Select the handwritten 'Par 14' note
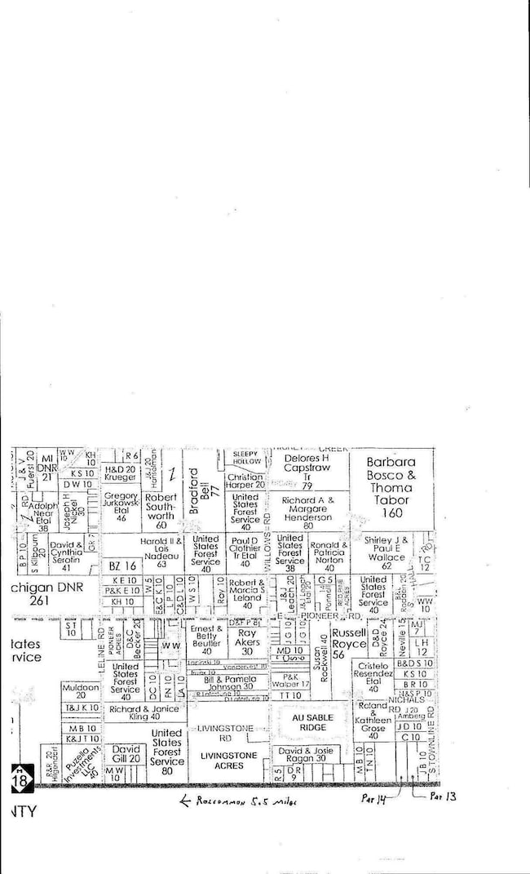373,800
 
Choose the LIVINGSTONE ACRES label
227,761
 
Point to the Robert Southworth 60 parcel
161,511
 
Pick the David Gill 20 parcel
126,754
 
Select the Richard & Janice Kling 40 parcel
143,713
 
